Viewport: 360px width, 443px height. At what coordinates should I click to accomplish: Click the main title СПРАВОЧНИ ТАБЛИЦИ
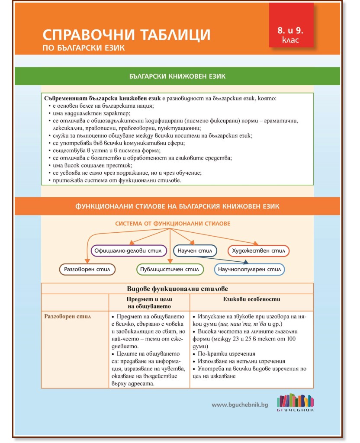click(126, 35)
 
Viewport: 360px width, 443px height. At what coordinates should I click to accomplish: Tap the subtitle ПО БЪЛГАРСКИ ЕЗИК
click(84, 48)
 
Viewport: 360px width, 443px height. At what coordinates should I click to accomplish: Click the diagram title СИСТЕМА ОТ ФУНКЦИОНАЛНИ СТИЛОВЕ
click(173, 224)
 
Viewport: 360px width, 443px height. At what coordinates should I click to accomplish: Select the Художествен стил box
click(258, 250)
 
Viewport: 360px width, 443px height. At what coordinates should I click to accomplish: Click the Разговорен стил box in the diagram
click(87, 270)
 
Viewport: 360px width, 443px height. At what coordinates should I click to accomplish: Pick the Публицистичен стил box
click(170, 270)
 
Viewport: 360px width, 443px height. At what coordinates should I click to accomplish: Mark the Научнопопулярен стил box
click(249, 270)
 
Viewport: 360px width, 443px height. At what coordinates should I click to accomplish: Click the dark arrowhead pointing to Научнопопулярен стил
click(246, 262)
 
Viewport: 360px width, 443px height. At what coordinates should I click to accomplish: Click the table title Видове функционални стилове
click(177, 288)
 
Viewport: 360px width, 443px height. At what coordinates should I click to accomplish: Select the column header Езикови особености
click(251, 299)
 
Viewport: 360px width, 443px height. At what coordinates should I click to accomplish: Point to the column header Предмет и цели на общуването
click(149, 302)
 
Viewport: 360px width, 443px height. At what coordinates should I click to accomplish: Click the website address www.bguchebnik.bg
click(240, 404)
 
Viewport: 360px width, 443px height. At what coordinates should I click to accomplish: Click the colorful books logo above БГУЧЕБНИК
click(295, 401)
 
